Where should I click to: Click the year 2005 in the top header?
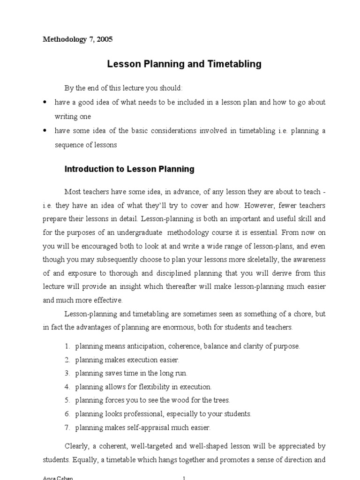tap(105, 39)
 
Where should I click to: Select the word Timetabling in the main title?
tap(236, 64)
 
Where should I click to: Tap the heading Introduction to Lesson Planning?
tap(129, 169)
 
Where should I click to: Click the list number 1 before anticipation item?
tap(67, 346)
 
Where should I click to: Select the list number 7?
tap(67, 427)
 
